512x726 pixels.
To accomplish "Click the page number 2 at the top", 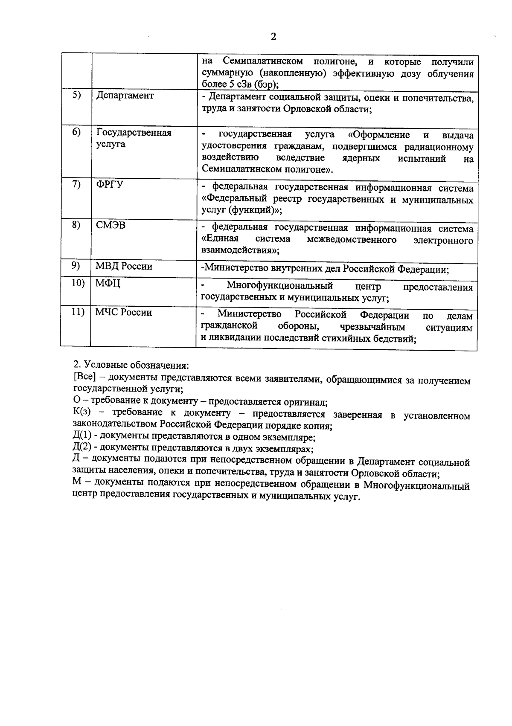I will click(273, 37).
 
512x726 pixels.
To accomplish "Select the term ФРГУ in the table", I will click(110, 184).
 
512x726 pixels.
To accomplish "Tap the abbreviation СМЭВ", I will click(111, 225).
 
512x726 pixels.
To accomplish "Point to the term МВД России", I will click(124, 267).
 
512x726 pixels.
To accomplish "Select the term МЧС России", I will click(123, 313).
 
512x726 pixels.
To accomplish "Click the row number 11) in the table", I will click(77, 312).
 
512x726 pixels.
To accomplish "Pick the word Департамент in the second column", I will click(125, 96).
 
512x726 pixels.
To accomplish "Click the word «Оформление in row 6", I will click(379, 135).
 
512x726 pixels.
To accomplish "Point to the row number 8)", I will click(76, 225).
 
